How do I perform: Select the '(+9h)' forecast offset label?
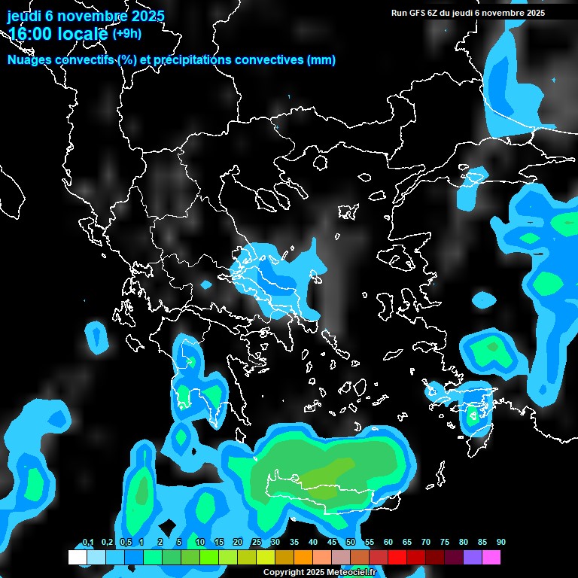click(127, 33)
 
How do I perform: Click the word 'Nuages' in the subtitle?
click(29, 60)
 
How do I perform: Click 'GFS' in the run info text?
click(414, 13)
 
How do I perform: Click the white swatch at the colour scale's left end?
click(78, 558)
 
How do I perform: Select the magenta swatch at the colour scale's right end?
click(491, 558)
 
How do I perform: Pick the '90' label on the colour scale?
click(501, 543)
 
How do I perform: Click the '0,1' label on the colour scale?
click(88, 543)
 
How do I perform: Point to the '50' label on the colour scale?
click(351, 543)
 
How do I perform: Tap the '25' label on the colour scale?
click(257, 543)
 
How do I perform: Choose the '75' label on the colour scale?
click(445, 543)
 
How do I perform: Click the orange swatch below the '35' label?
click(303, 558)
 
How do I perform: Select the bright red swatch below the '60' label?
click(397, 558)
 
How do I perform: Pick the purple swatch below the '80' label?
click(473, 558)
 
